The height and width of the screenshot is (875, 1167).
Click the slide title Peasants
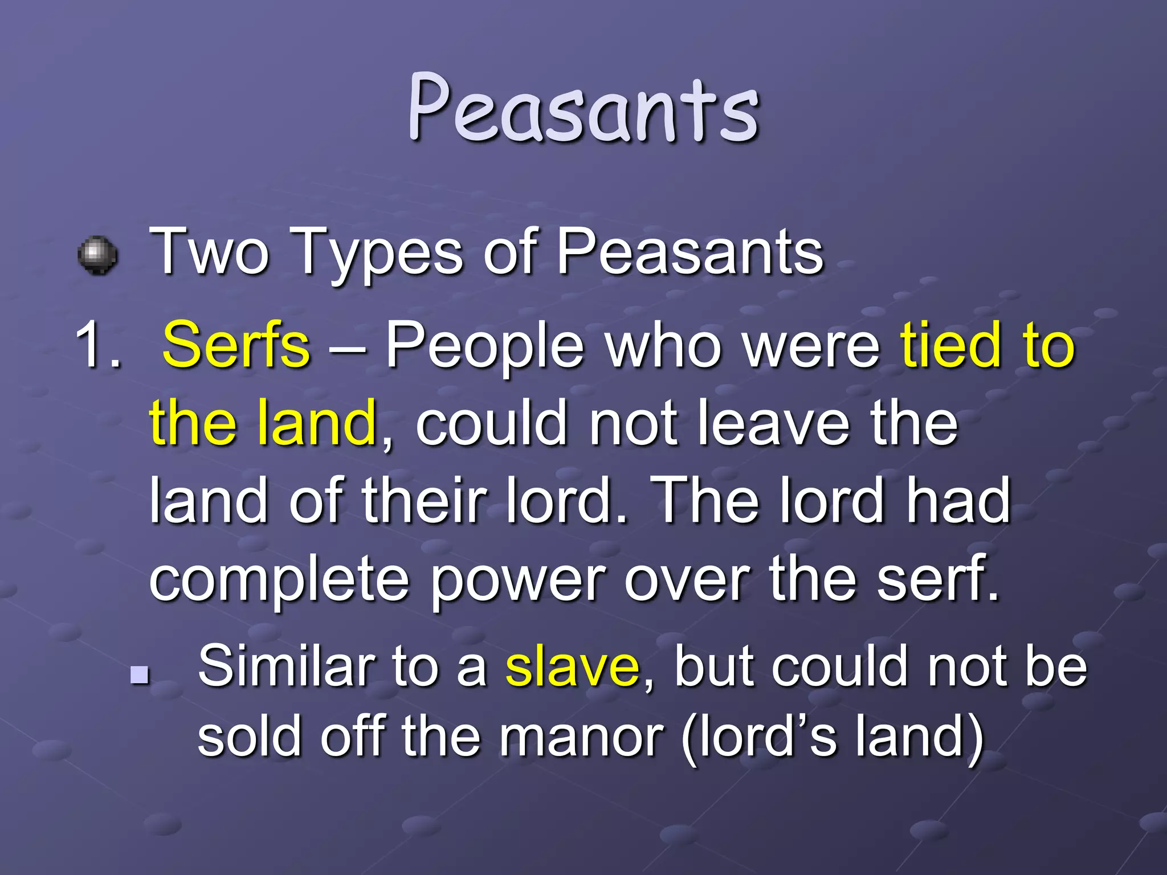(x=583, y=108)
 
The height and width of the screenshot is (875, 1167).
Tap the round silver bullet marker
(x=97, y=255)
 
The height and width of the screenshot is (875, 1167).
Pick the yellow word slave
(x=572, y=666)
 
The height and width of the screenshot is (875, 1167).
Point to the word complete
(x=279, y=581)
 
